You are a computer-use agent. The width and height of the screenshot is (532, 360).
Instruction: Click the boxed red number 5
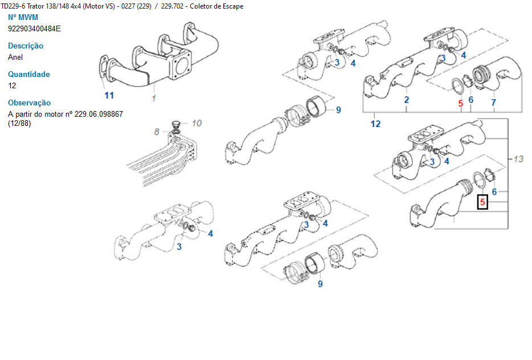(482, 203)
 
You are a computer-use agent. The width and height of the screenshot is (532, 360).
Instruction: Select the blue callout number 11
(109, 95)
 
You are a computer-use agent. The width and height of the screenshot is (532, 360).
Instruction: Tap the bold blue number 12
(375, 124)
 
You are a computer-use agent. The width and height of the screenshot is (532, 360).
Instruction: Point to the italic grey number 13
(518, 159)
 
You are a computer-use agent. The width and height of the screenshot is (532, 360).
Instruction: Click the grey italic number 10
(197, 123)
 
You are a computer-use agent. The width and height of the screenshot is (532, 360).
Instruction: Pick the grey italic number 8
(157, 132)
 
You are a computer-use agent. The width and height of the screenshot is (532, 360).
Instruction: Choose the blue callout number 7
(493, 103)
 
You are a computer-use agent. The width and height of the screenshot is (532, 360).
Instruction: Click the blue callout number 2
(407, 100)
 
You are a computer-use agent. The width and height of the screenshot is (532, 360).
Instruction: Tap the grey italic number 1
(154, 99)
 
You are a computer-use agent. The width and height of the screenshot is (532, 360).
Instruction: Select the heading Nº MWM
(23, 17)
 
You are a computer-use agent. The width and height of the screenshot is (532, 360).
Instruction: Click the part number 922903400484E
(34, 28)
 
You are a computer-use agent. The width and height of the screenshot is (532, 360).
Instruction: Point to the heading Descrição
(26, 46)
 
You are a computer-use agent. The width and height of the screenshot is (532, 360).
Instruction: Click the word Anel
(15, 57)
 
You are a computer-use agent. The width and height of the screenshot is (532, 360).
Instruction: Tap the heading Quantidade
(29, 74)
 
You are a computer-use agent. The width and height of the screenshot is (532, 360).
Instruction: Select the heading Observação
(29, 103)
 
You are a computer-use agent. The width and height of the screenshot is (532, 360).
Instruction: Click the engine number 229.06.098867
(99, 114)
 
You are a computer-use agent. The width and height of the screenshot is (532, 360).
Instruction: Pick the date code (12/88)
(19, 123)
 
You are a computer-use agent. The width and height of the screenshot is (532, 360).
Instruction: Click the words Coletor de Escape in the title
(216, 6)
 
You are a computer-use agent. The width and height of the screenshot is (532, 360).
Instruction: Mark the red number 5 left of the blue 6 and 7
(460, 103)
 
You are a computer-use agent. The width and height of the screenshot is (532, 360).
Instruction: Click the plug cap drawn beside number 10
(175, 124)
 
